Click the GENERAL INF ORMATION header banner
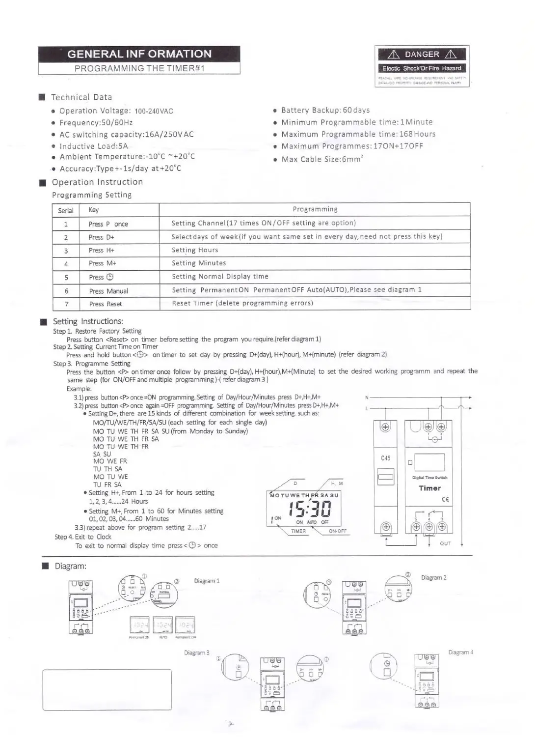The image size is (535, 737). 139,54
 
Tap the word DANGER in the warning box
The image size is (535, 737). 422,55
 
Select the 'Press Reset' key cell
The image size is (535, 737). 106,304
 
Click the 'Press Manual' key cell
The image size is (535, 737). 108,291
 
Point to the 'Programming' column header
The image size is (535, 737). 315,209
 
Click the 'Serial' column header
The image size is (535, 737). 66,210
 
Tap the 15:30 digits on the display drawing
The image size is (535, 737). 310,509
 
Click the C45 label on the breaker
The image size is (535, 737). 386,458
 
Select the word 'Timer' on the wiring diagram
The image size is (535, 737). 429,488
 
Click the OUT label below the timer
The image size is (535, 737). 445,543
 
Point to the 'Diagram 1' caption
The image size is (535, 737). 207,581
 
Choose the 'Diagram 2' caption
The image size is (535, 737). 433,578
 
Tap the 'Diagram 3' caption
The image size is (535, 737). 196,652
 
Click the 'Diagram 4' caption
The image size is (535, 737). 460,652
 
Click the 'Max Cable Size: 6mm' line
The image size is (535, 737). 321,159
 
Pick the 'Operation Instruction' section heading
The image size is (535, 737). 97,182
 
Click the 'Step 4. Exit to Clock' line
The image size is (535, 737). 83,537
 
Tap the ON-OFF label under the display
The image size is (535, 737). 338,531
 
